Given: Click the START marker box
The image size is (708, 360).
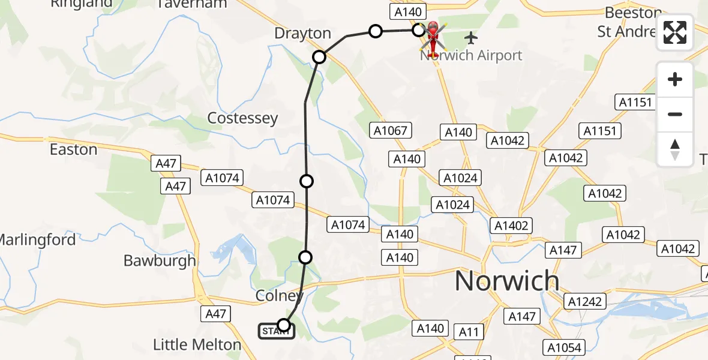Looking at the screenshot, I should coord(276,331).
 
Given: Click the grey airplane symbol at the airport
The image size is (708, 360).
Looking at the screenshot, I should coord(471,38).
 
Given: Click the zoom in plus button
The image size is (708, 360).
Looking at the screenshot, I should coord(675,79).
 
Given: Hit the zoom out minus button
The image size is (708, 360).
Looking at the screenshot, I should coord(675,114).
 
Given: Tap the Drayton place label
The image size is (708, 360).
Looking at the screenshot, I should coord(302,34).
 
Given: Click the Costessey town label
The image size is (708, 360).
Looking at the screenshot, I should coord(242,118).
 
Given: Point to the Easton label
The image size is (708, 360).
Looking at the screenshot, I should coord(73,149).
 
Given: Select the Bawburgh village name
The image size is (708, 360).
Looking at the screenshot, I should coord(160,260).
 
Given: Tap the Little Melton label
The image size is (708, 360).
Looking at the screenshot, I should coord(197,345).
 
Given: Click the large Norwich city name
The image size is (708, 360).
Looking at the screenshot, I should coord(507,281).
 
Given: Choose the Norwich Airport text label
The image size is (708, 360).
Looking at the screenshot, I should coord(472,56).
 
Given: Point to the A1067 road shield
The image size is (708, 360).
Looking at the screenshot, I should coord(390,130).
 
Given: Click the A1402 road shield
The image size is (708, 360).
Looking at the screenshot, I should coord(511,226).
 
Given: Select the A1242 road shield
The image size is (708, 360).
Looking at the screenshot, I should coord(586,301).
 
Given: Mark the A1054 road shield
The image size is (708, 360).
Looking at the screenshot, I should coord(564,347).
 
